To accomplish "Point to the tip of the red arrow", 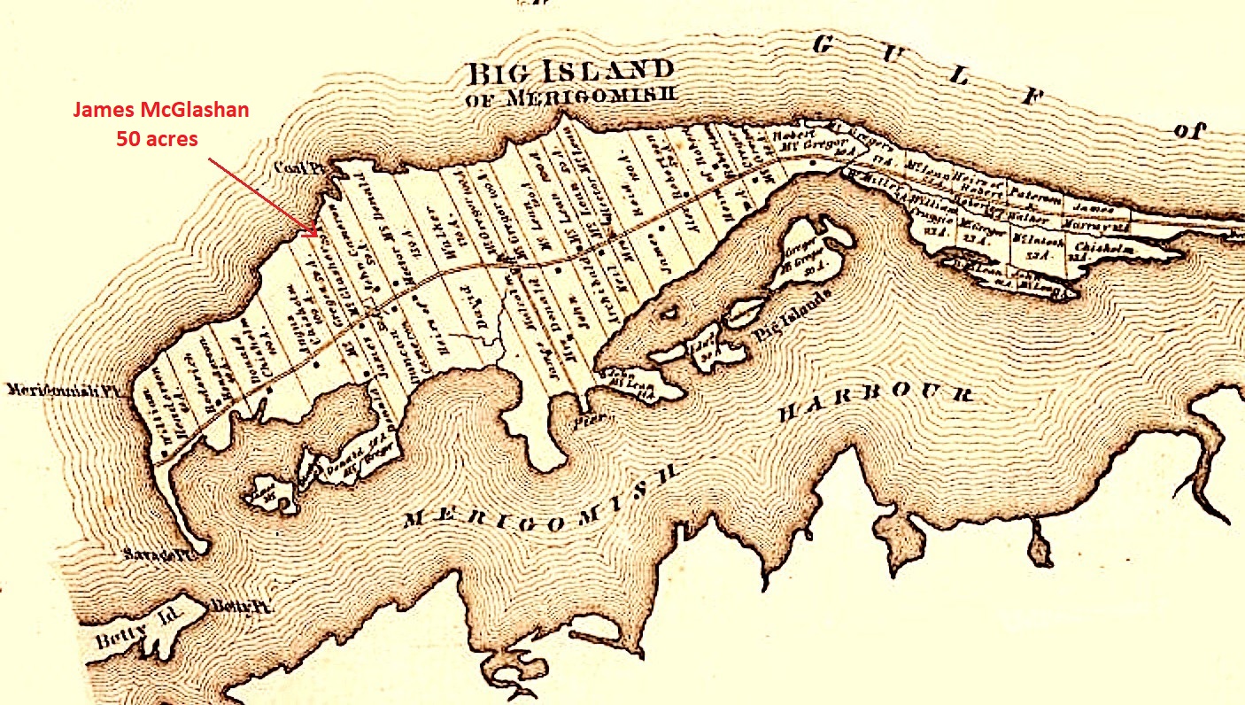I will pyautogui.click(x=316, y=236).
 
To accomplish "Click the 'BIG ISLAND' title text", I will pyautogui.click(x=570, y=71).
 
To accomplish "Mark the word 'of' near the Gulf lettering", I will pyautogui.click(x=1190, y=130).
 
